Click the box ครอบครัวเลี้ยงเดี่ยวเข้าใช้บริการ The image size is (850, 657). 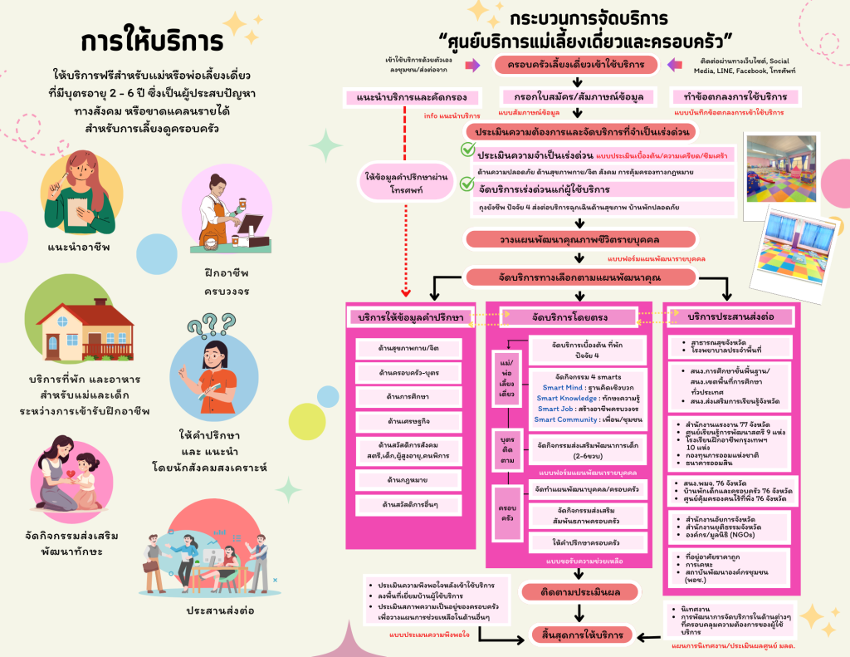[576, 65]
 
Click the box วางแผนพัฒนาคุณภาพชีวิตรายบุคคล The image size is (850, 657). [575, 238]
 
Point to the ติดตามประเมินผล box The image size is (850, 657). [581, 592]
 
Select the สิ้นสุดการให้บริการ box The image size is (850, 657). [581, 635]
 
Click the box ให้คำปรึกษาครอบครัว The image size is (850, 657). [588, 543]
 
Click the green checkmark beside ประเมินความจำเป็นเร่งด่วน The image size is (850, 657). [467, 151]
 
